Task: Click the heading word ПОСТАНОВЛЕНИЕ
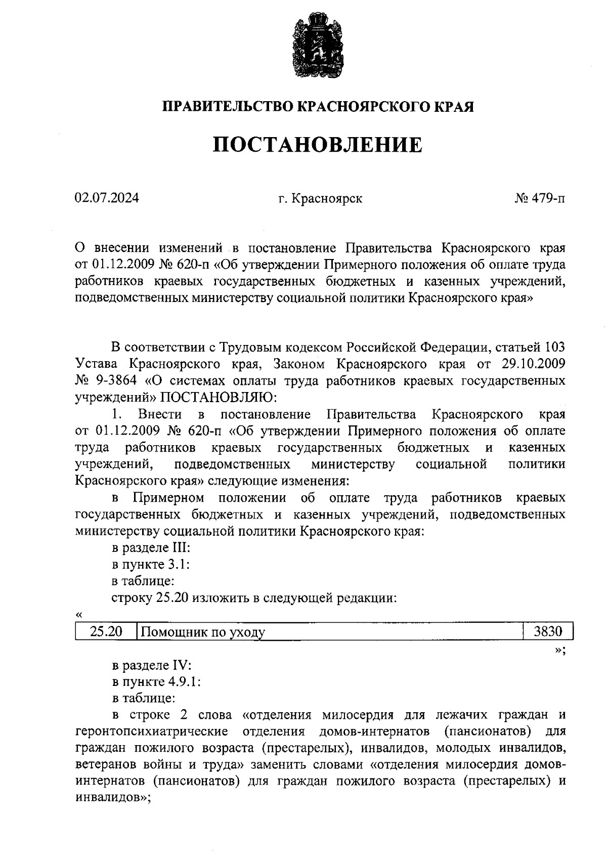(x=317, y=145)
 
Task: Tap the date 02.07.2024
(x=107, y=198)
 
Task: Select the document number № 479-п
(x=540, y=198)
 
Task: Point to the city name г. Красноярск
(x=320, y=199)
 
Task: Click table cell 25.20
(x=106, y=631)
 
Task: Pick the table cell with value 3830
(x=548, y=631)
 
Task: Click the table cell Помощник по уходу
(x=202, y=632)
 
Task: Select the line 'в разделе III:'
(x=150, y=548)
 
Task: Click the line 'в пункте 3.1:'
(x=150, y=565)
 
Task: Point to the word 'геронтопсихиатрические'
(x=151, y=731)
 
